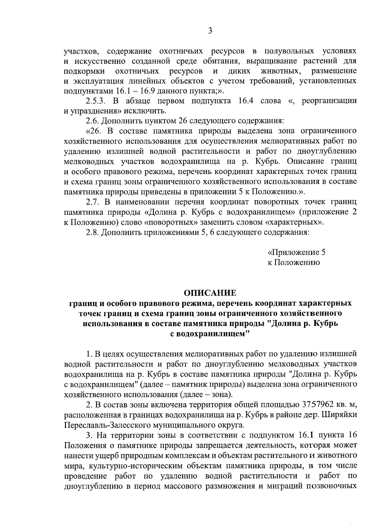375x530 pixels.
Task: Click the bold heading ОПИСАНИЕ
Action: point(210,293)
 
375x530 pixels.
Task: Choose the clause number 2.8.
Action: point(92,232)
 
